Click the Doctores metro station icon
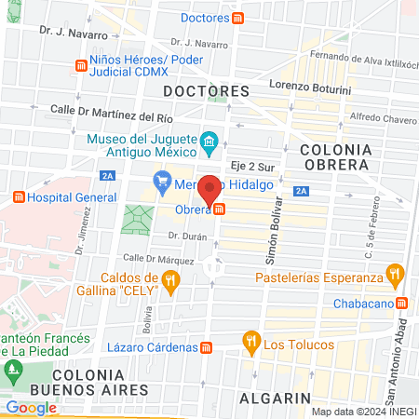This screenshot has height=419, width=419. pos(239,18)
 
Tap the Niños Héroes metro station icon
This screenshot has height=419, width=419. pos(80,66)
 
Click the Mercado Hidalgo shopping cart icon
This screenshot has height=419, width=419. pos(162,180)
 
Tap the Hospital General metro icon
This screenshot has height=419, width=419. pos(18,197)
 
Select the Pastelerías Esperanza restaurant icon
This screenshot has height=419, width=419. pos(397,277)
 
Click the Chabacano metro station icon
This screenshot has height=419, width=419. pos(401,302)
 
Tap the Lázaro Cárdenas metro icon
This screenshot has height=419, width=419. pos(208,346)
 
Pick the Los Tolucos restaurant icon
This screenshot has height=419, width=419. pos(250,342)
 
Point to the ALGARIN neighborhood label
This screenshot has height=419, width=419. pos(275,398)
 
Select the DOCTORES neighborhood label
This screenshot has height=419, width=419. pos(206,91)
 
